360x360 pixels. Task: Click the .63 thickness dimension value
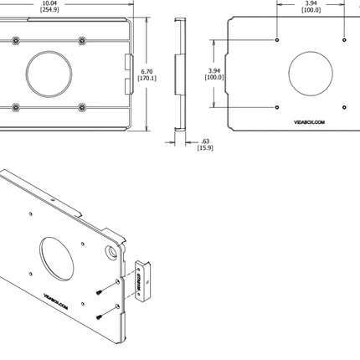pyautogui.click(x=205, y=141)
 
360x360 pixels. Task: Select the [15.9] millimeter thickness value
pyautogui.click(x=205, y=148)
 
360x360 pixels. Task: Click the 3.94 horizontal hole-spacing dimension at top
pyautogui.click(x=310, y=3)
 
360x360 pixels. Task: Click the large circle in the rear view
pyautogui.click(x=311, y=74)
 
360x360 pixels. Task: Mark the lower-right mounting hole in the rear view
pyautogui.click(x=343, y=107)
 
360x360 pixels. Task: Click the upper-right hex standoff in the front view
pyautogui.click(x=81, y=40)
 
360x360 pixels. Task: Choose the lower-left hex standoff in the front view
pyautogui.click(x=16, y=107)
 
